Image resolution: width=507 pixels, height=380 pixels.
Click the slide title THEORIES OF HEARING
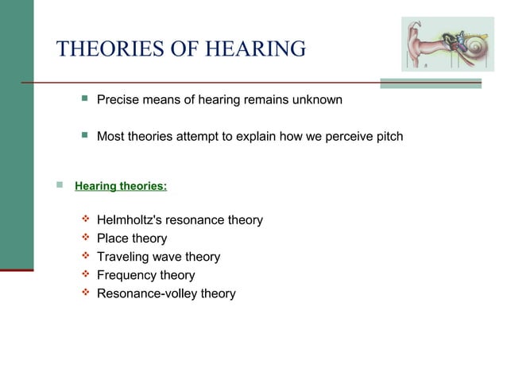[x=181, y=48]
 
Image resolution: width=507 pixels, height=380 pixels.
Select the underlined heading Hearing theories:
[x=121, y=187]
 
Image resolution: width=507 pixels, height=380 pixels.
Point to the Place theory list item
[x=132, y=238]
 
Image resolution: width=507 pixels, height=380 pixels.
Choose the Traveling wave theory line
[x=158, y=257]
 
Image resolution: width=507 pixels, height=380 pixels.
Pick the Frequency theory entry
[x=145, y=275]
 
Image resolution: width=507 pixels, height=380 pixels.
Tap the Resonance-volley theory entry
[x=166, y=293]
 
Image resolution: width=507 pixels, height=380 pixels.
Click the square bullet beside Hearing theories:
[x=58, y=186]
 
